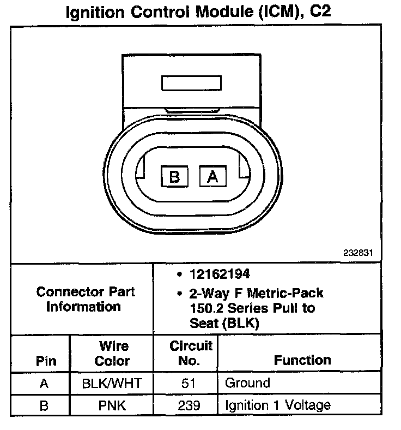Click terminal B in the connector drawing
click(174, 177)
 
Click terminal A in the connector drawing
click(213, 177)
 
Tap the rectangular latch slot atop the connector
click(191, 83)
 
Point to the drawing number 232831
click(359, 254)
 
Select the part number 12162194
click(220, 274)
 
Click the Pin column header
click(46, 361)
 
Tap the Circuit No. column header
click(191, 353)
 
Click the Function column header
click(302, 360)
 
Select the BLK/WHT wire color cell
click(112, 383)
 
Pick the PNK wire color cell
click(112, 405)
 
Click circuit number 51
click(189, 383)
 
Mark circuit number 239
click(189, 405)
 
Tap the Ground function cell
click(247, 383)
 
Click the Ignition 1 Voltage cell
click(277, 405)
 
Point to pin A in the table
click(45, 383)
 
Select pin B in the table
click(45, 405)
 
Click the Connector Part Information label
click(85, 299)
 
